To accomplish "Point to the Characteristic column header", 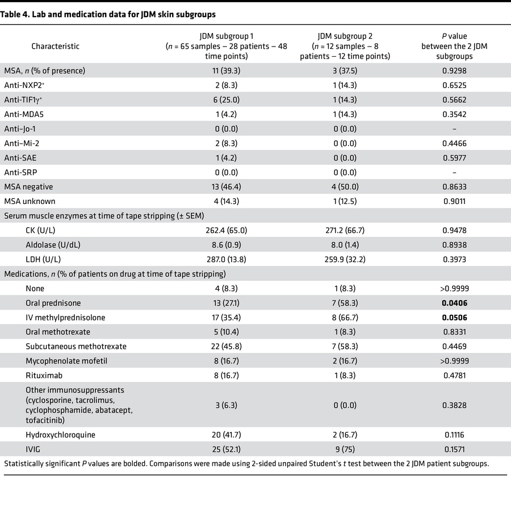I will tap(55, 46).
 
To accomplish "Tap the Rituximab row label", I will tap(45, 374).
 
